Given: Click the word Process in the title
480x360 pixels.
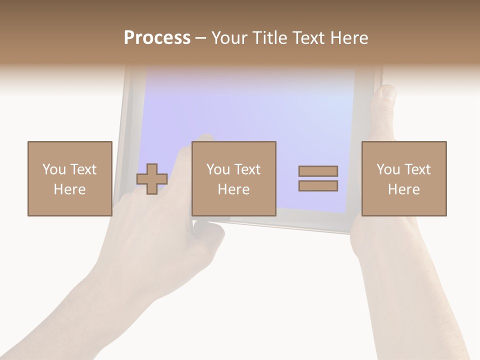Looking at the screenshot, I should (157, 38).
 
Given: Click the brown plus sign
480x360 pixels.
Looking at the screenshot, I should (152, 179).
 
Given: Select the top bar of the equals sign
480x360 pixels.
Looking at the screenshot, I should (318, 171).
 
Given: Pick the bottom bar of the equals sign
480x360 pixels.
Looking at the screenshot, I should (318, 186).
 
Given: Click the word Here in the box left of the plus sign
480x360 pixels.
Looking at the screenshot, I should (69, 189).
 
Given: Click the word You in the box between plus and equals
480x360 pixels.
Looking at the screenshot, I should (218, 169).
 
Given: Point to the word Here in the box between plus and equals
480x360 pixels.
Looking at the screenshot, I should (233, 189).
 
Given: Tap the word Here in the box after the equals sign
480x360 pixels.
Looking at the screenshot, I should (403, 189).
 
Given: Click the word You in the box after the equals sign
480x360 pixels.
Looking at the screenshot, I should (388, 169).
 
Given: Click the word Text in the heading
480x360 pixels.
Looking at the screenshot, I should (304, 38).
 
